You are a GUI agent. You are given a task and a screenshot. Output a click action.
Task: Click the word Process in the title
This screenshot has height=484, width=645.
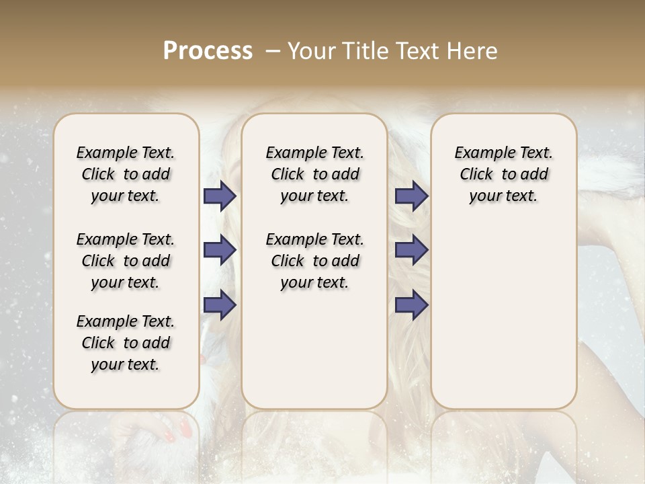click(208, 51)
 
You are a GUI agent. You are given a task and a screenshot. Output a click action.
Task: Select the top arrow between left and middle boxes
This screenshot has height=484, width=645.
click(220, 196)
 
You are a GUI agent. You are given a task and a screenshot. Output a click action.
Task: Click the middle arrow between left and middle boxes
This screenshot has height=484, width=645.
click(220, 250)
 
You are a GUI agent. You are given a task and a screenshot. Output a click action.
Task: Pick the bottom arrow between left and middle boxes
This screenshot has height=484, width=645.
click(220, 305)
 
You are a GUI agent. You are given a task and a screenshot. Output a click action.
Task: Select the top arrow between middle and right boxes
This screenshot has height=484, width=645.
click(411, 196)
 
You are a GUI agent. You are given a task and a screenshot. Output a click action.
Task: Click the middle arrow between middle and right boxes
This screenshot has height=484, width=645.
click(411, 250)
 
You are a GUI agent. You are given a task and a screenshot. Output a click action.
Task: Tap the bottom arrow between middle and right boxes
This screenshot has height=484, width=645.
click(411, 305)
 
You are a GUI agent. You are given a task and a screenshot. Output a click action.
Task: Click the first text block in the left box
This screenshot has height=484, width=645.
click(126, 174)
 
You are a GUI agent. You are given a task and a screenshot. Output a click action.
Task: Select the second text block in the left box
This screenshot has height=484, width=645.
click(126, 261)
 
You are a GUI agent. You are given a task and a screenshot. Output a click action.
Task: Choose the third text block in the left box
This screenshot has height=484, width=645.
click(126, 343)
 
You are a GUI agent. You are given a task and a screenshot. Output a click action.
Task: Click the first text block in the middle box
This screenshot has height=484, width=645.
click(314, 174)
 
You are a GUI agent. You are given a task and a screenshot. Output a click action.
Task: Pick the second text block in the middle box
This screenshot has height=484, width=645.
click(314, 261)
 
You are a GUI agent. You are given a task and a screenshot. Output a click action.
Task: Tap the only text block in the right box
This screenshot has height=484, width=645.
click(503, 174)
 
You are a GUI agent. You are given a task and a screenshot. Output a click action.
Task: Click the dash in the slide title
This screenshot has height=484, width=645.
click(272, 51)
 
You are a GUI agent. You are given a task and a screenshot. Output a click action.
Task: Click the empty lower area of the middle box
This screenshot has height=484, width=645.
click(314, 350)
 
